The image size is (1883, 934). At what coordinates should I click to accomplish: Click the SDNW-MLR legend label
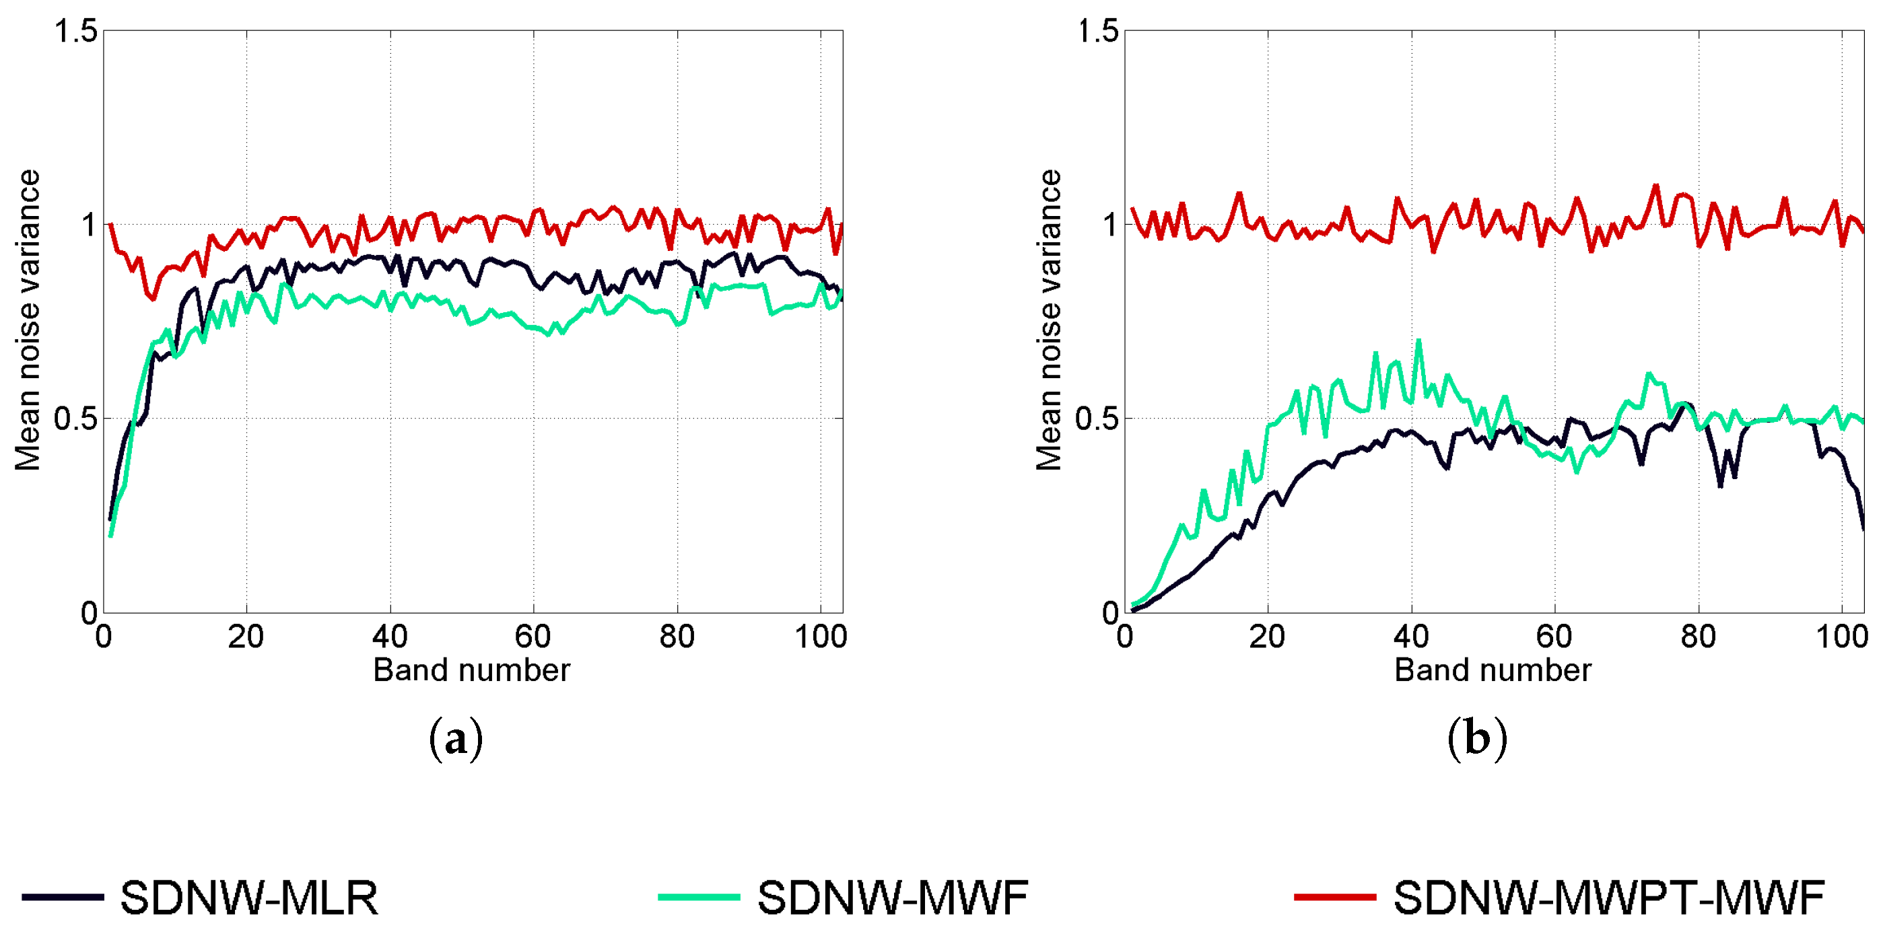coord(249,898)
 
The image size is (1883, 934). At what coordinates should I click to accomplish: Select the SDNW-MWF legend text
coord(893,898)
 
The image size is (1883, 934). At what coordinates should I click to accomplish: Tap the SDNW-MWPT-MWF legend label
coord(1609,898)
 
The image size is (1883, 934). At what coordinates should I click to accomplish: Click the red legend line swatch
coord(1335,897)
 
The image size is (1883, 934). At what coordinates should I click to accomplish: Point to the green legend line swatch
coord(699,897)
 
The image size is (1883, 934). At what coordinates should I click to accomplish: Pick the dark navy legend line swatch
coord(63,897)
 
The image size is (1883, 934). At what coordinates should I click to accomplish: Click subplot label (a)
coord(455,739)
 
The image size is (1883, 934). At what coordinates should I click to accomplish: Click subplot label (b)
coord(1476,739)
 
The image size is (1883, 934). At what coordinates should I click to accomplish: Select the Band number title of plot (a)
coord(471,670)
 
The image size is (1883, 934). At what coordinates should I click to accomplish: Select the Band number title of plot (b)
coord(1493,670)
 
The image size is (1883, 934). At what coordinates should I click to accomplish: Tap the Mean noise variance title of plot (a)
coord(28,320)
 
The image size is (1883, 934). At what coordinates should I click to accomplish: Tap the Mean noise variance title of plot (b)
coord(1049,320)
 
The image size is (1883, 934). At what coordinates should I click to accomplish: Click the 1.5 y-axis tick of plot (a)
coord(75,32)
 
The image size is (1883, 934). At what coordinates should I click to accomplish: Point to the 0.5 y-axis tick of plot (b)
coord(1096,419)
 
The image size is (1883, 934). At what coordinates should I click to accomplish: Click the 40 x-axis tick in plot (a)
coord(390,637)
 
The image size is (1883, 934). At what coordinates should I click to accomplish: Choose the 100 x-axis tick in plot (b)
coord(1842,637)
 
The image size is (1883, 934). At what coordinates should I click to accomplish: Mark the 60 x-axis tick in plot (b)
coord(1554,637)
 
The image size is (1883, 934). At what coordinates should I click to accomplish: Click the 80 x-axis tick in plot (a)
coord(677,637)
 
